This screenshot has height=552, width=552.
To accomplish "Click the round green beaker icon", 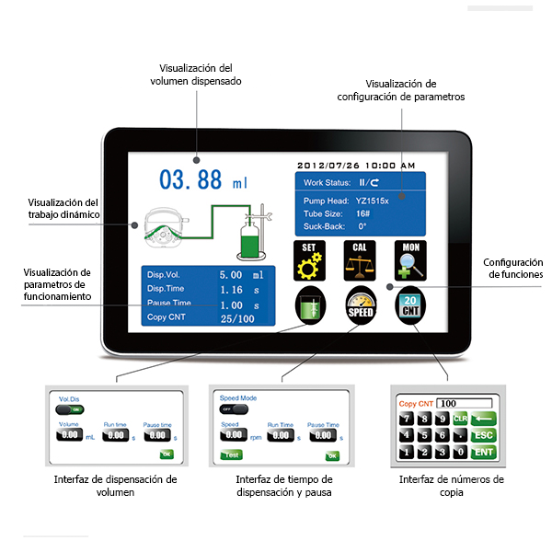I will [x=310, y=305].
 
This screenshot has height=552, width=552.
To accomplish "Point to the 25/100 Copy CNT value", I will [x=238, y=318].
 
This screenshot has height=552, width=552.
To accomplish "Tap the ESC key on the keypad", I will [x=482, y=434].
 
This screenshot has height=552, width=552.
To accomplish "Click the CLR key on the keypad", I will [x=462, y=419].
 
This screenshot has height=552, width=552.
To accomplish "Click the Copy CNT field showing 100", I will [x=464, y=403].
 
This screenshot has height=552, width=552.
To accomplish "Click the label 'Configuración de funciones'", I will [x=513, y=268].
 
